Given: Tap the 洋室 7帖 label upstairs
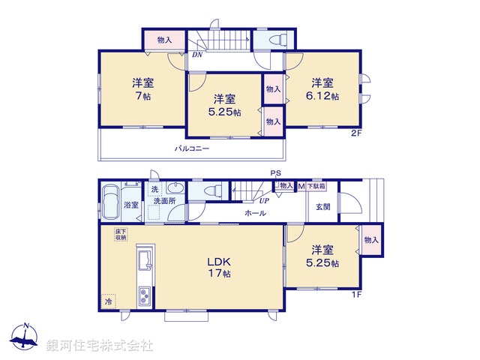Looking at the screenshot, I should point(142,89).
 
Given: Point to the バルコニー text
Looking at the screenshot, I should point(192,148).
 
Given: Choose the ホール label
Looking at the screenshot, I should point(254,214).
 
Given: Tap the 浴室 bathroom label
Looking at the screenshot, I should point(132,204).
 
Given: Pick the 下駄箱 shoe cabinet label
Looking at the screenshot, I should point(316,184).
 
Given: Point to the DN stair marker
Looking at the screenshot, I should point(196,55).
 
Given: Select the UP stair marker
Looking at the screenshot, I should point(264,200).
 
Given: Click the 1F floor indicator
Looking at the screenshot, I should point(358,293).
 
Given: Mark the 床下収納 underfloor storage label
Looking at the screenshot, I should point(121,235).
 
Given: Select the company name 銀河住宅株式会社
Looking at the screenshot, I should point(99,345).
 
